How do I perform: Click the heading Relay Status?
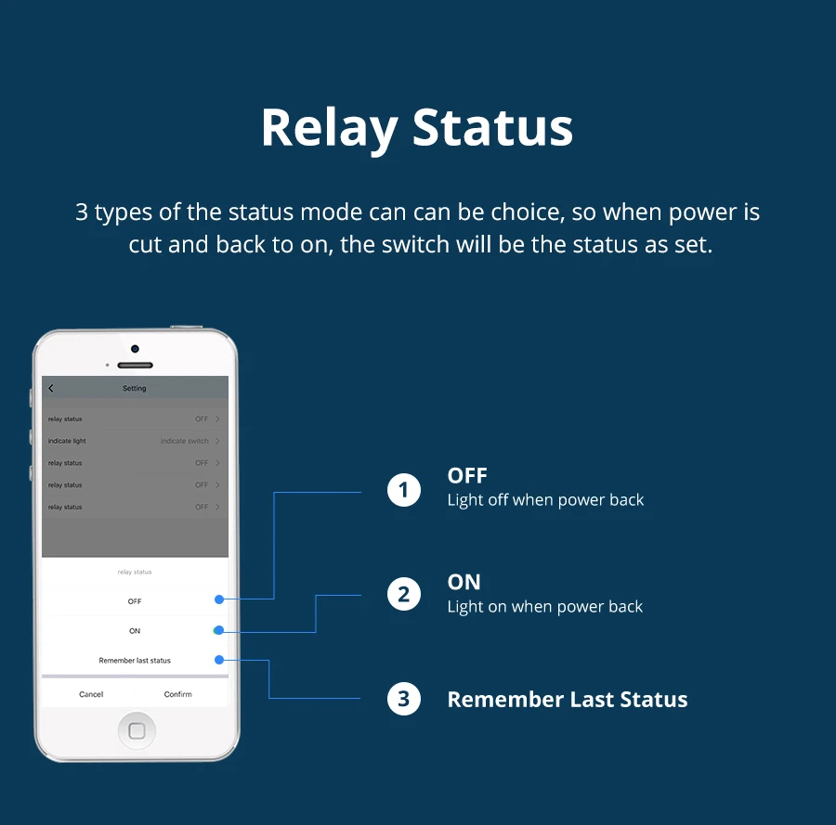click(x=417, y=128)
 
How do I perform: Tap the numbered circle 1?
click(x=403, y=489)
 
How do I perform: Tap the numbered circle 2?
click(x=403, y=594)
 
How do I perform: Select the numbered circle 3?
click(x=403, y=699)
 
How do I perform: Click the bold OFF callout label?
click(x=466, y=476)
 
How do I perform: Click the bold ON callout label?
click(x=464, y=582)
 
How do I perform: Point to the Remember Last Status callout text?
click(x=567, y=700)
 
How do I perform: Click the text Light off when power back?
click(x=545, y=500)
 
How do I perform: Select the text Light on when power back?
click(x=544, y=607)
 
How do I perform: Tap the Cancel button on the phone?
click(x=91, y=694)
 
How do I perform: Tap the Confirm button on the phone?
click(x=178, y=694)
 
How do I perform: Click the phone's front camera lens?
click(x=135, y=349)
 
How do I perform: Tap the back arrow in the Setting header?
click(x=51, y=388)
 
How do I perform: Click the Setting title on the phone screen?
click(x=135, y=388)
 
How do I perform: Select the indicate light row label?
click(x=67, y=441)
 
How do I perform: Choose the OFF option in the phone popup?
click(x=135, y=601)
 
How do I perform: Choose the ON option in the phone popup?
click(x=135, y=631)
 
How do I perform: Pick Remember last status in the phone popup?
click(x=135, y=661)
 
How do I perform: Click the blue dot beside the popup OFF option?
click(x=219, y=599)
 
